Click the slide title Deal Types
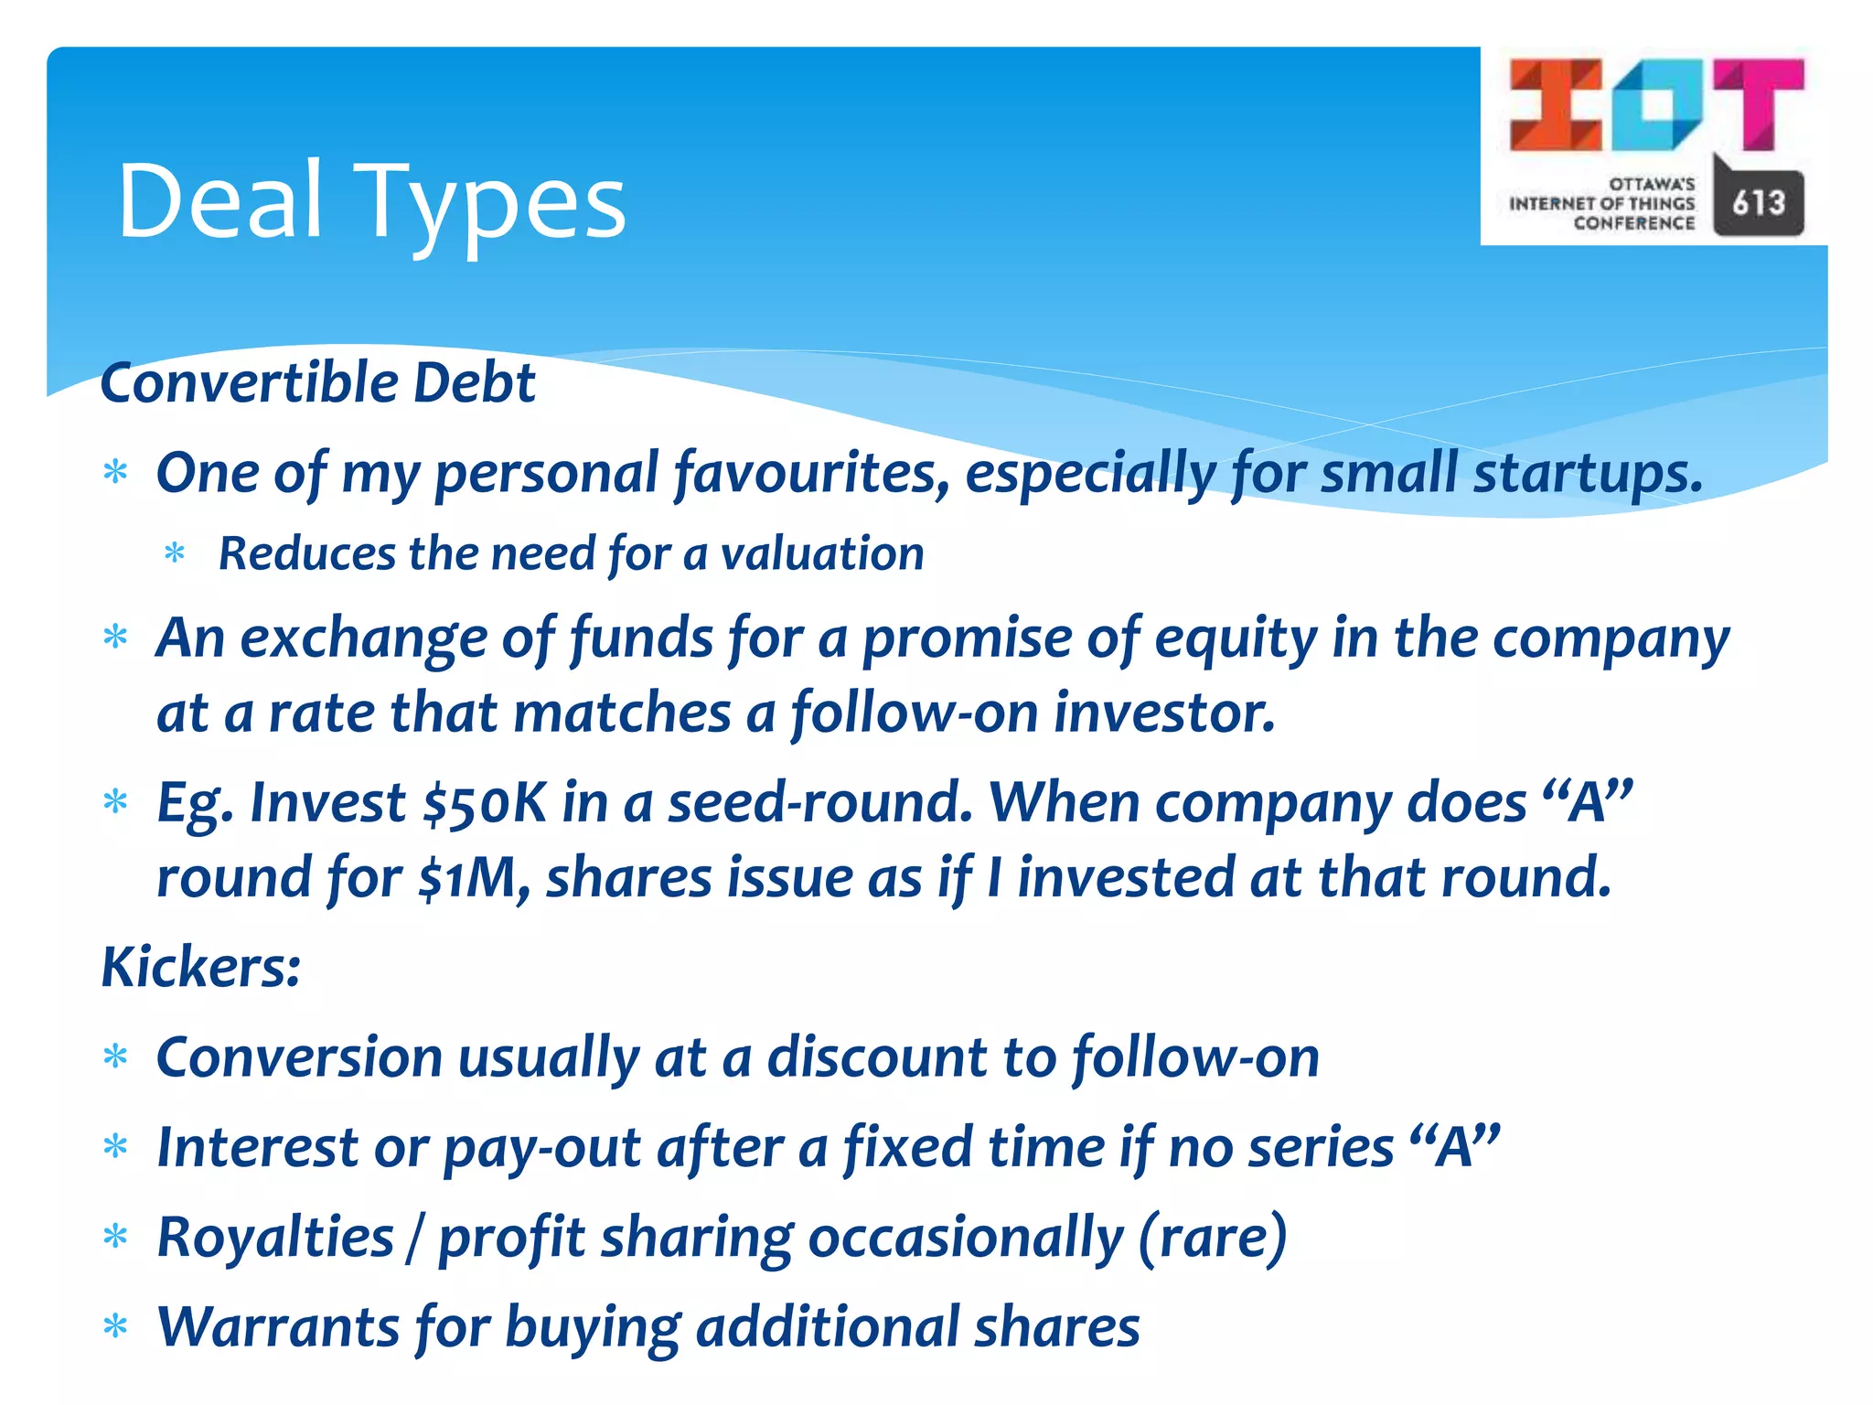pyautogui.click(x=371, y=201)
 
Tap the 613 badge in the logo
pyautogui.click(x=1758, y=202)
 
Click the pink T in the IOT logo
pyautogui.click(x=1758, y=102)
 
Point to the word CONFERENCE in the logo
pyautogui.click(x=1633, y=223)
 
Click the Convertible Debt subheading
pyautogui.click(x=317, y=382)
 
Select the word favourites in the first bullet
pyautogui.click(x=810, y=474)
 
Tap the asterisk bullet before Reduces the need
pyautogui.click(x=174, y=554)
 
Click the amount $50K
pyautogui.click(x=484, y=803)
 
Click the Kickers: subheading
pyautogui.click(x=200, y=967)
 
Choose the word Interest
pyautogui.click(x=257, y=1147)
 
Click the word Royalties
pyautogui.click(x=275, y=1238)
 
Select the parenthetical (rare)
pyautogui.click(x=1213, y=1238)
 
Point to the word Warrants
pyautogui.click(x=278, y=1327)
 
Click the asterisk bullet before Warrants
pyautogui.click(x=115, y=1326)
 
